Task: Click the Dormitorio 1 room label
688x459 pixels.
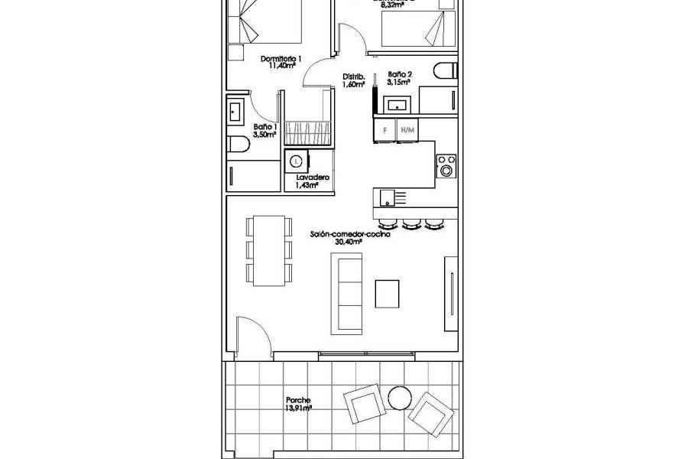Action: (x=281, y=58)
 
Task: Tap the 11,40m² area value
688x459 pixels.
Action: (x=281, y=66)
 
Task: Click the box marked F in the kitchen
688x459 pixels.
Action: (x=385, y=130)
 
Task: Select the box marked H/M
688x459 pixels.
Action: (x=407, y=130)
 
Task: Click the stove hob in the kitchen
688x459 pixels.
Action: (x=446, y=165)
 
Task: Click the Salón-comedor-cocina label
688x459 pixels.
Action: (x=350, y=235)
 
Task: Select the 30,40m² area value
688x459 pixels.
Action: (x=350, y=243)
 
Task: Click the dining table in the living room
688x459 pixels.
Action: (x=268, y=250)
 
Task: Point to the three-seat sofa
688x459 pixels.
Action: (x=346, y=293)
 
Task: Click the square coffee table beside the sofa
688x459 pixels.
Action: (x=387, y=292)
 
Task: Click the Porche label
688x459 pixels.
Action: (x=298, y=401)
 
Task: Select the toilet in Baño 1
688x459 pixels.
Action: (x=238, y=145)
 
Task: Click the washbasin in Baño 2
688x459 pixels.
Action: (x=398, y=105)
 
